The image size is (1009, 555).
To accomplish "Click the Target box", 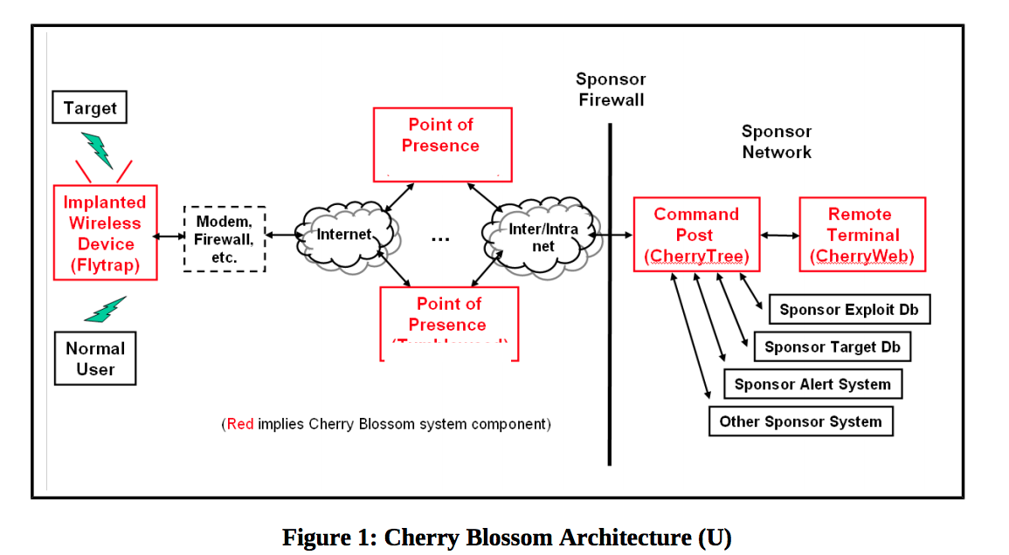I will (89, 108).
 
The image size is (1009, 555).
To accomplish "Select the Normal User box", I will (95, 358).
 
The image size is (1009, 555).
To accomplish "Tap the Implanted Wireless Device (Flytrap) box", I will (106, 233).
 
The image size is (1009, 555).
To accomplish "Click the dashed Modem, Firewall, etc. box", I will (225, 239).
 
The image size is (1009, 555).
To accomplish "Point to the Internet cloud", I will (345, 235).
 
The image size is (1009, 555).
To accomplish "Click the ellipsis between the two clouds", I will (440, 238).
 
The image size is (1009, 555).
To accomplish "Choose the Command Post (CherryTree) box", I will (695, 235).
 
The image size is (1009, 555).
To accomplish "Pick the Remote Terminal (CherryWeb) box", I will (861, 235).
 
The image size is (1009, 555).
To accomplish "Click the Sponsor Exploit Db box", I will (848, 310).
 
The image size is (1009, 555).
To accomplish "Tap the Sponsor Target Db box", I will (832, 347).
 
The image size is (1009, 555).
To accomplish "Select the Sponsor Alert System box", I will (812, 384).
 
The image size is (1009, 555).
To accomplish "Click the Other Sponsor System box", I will (800, 421).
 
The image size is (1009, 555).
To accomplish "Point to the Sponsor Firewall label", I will (611, 90).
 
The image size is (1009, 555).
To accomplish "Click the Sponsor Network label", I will (777, 141).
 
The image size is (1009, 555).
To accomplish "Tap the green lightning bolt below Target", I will (97, 149).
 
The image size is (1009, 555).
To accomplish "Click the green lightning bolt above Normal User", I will (106, 309).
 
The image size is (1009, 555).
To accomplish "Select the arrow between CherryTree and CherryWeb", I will (779, 235).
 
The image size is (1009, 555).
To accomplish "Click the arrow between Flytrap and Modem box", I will (170, 236).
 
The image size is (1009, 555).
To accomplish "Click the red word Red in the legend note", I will (239, 425).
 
